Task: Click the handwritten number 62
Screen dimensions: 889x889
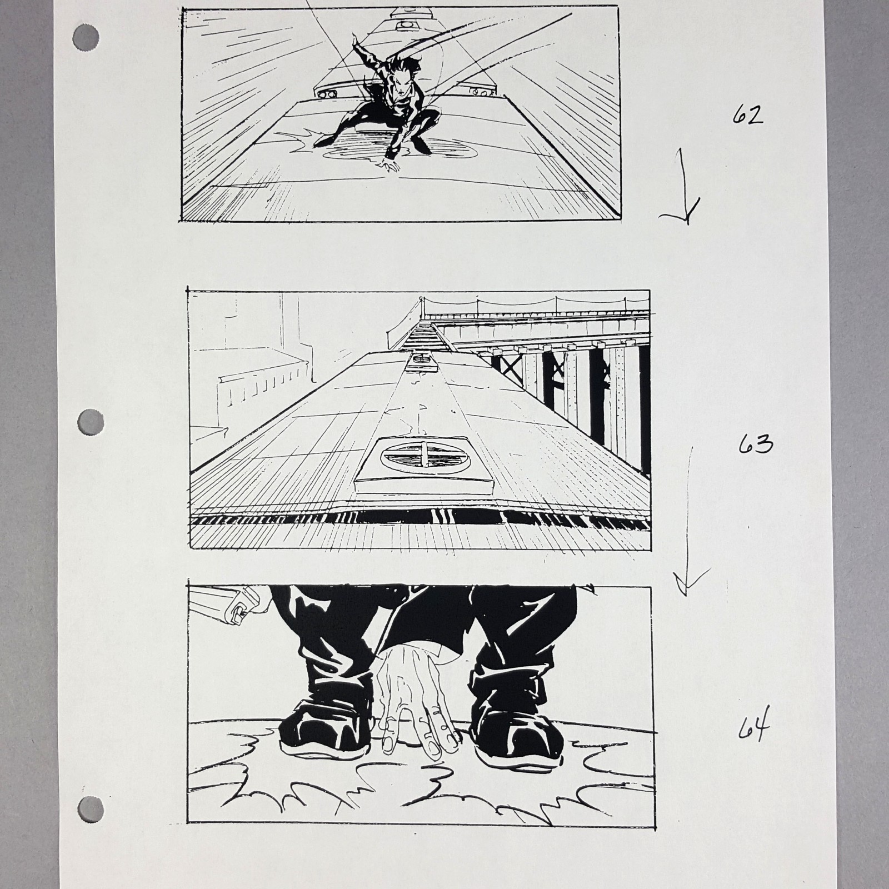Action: tap(747, 115)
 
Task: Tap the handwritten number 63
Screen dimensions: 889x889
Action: tap(756, 444)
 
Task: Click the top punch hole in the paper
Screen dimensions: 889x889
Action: tap(86, 39)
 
